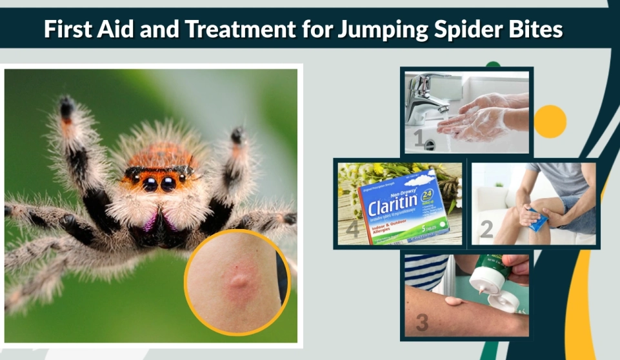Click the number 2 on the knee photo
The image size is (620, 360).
486,229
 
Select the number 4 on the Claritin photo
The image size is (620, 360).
352,228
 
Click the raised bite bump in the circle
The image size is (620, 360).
239,281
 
